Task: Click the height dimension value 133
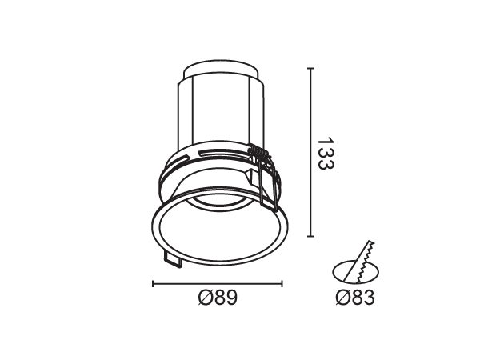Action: pos(326,154)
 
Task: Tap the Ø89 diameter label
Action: pos(218,298)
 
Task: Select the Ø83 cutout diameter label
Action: pos(355,298)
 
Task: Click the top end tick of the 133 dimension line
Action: pos(310,68)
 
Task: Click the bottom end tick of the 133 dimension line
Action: pos(310,236)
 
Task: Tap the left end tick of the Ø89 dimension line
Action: pos(153,284)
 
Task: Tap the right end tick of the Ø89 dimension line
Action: pos(282,284)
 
